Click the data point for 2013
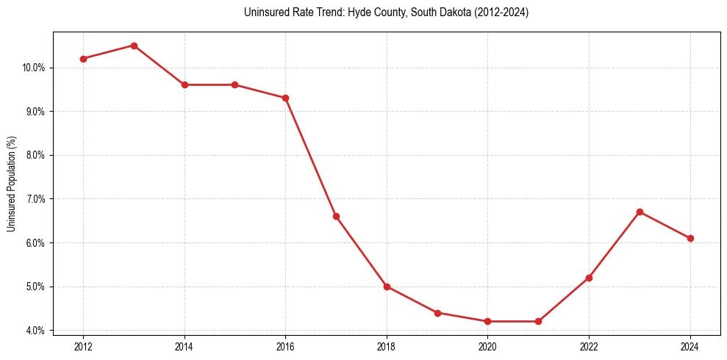coord(134,46)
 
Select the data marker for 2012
coord(83,59)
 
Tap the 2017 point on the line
coord(336,216)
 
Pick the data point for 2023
coord(640,212)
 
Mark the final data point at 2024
coord(690,238)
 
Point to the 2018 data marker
coord(387,287)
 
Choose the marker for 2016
coord(285,98)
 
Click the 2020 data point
coord(488,321)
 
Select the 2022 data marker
coord(589,278)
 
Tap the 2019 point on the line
coord(437,313)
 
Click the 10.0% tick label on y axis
coord(35,68)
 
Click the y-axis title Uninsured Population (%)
coord(12,184)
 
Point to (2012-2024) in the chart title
coord(501,12)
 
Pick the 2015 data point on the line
coord(235,84)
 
